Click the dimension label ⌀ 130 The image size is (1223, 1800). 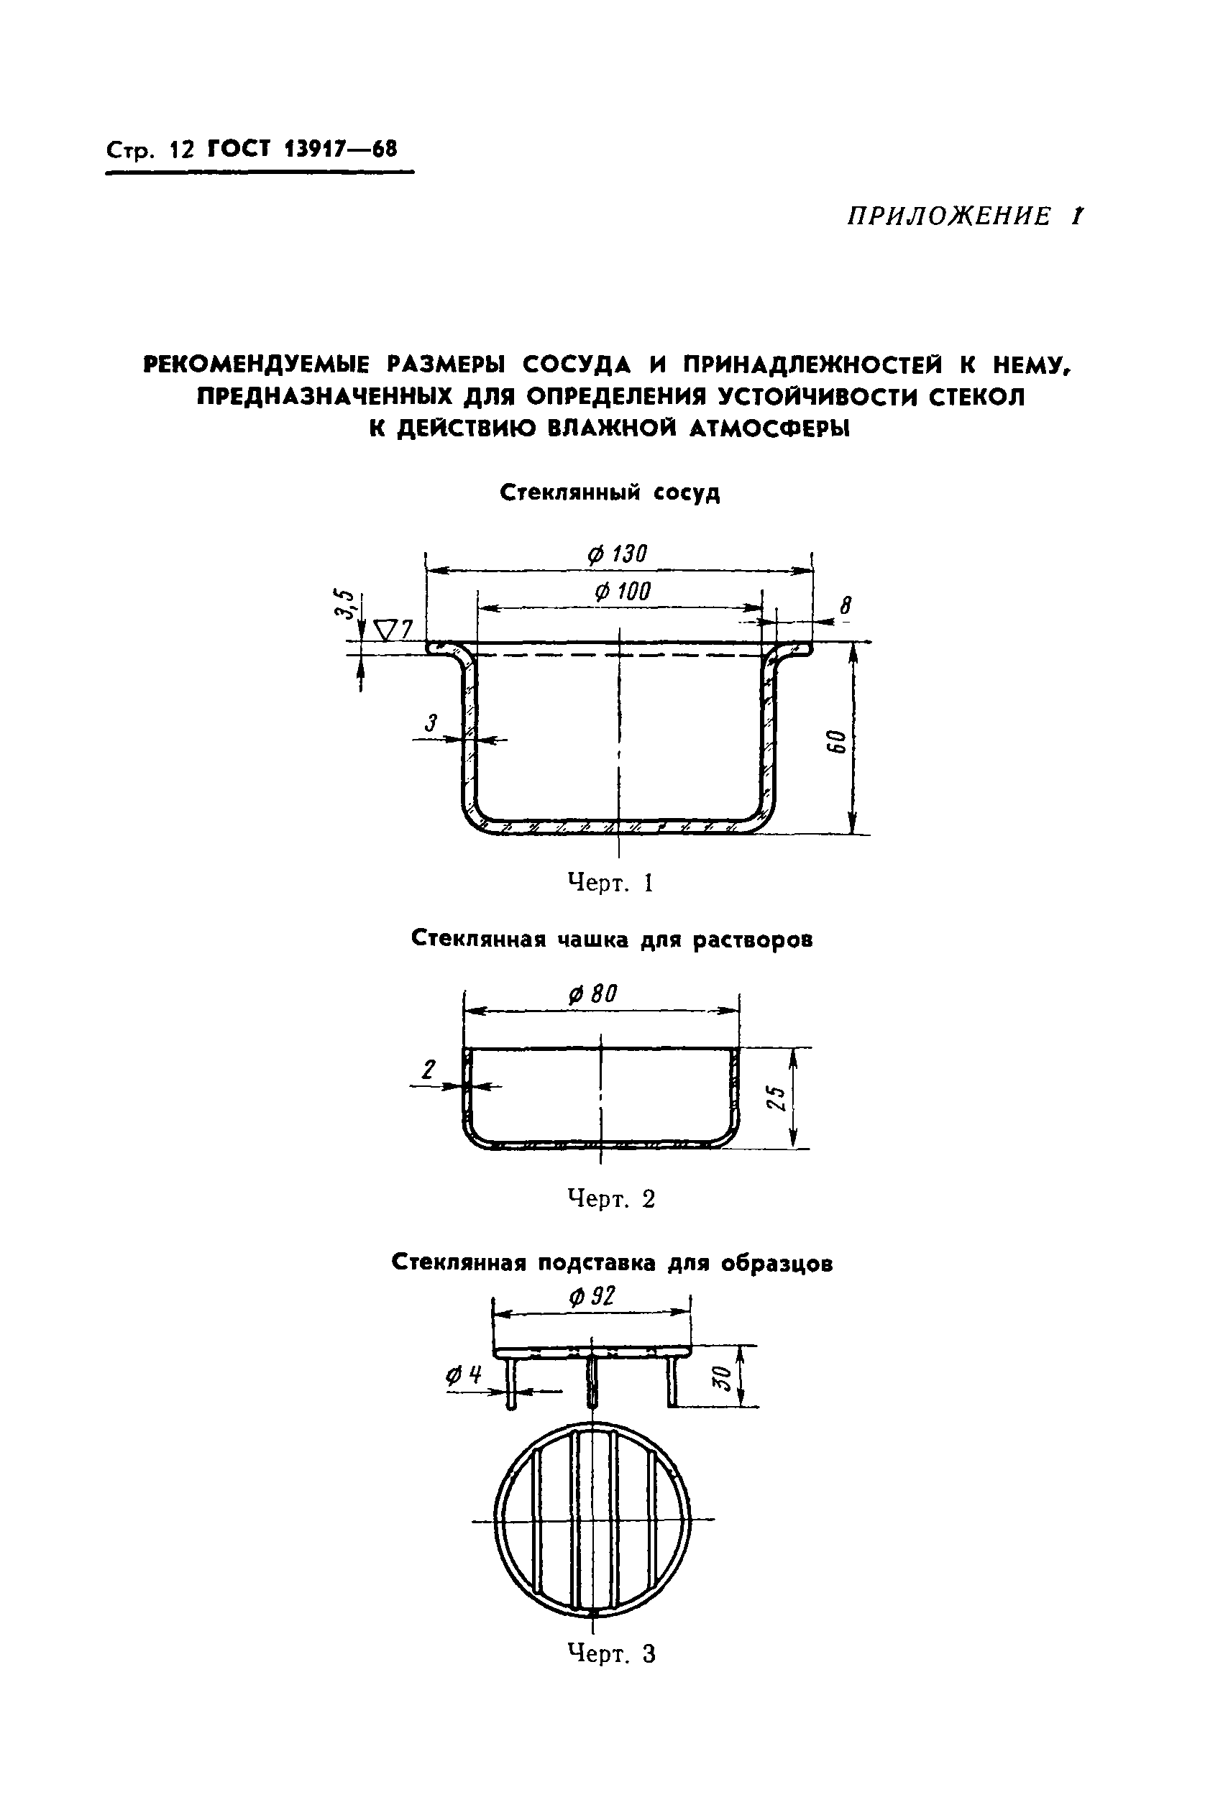pyautogui.click(x=617, y=554)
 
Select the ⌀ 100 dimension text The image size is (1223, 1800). pyautogui.click(x=622, y=592)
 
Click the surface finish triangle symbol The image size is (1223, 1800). pyautogui.click(x=385, y=630)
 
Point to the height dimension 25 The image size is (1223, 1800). pyautogui.click(x=775, y=1098)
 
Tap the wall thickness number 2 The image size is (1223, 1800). pyautogui.click(x=429, y=1070)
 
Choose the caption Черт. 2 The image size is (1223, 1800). pyautogui.click(x=611, y=1199)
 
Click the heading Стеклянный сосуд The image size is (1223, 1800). pyautogui.click(x=610, y=492)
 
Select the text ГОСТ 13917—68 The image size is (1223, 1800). pyautogui.click(x=302, y=148)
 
